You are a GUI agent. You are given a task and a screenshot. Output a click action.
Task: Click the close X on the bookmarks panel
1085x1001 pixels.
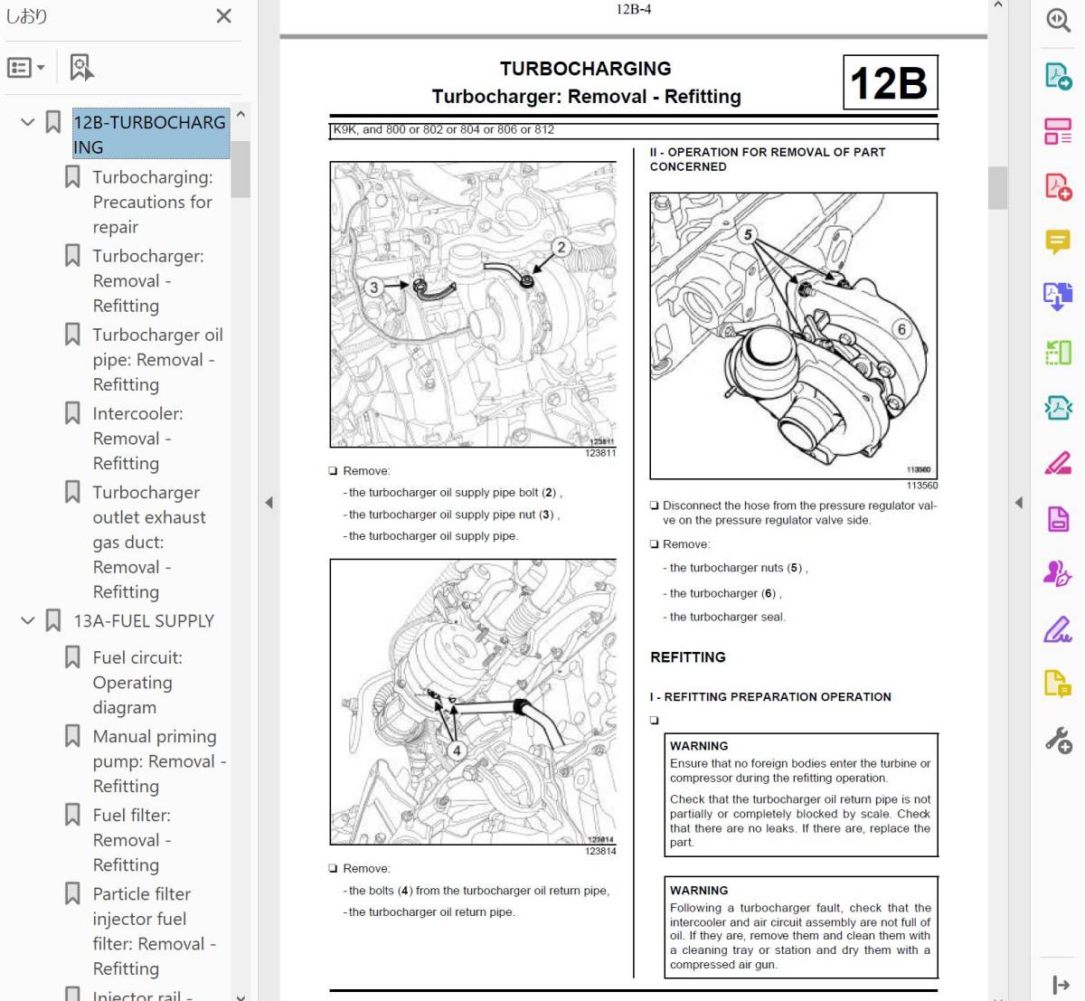point(224,15)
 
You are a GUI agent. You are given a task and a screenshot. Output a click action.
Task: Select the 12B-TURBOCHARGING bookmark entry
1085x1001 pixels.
point(149,134)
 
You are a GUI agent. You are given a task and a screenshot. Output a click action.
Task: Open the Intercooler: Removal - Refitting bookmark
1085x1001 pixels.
point(137,439)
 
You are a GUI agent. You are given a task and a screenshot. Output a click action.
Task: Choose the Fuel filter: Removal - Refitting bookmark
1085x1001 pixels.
point(131,839)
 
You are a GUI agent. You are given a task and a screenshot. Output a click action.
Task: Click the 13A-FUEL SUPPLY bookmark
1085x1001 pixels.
point(144,621)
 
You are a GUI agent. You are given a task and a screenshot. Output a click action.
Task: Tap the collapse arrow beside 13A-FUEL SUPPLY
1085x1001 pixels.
point(28,621)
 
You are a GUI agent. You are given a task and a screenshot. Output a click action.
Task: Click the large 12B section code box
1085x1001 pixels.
point(890,83)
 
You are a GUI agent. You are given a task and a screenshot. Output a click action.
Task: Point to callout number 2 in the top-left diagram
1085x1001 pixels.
point(561,246)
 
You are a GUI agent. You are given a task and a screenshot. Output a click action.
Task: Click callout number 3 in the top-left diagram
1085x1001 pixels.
point(373,287)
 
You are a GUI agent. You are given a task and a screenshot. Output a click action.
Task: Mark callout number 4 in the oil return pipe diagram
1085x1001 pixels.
point(457,750)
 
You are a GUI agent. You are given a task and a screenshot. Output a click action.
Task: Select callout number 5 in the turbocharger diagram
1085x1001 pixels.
point(748,234)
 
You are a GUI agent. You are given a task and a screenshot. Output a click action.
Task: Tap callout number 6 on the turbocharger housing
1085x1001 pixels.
point(901,329)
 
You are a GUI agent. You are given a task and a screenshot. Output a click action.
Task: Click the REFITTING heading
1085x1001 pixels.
point(687,657)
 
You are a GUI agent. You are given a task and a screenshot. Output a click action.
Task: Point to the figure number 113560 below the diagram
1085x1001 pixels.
point(921,486)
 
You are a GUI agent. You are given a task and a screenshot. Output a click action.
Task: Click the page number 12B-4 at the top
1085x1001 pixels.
point(633,10)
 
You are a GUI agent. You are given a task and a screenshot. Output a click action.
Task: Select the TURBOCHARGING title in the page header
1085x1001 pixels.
point(585,69)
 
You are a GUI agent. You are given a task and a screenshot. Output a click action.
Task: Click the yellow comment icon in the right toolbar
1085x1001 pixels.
point(1057,241)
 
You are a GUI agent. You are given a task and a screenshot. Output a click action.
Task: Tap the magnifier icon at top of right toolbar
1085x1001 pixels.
point(1058,20)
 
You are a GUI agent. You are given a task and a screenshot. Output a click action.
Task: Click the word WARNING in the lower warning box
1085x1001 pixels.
point(699,891)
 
